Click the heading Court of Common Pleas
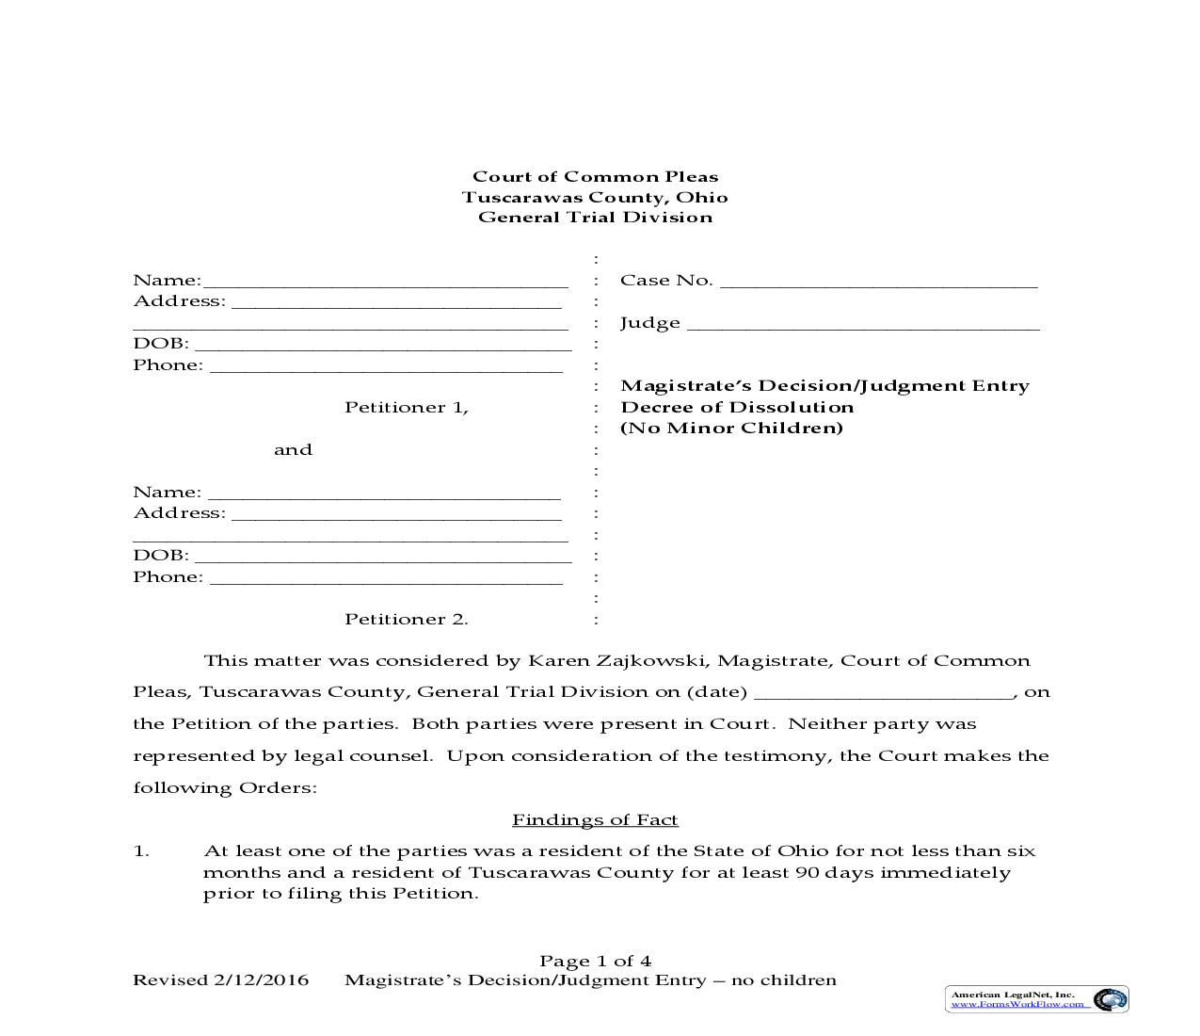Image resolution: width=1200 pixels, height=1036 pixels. [x=595, y=177]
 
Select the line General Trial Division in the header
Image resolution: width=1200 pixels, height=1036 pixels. [x=595, y=218]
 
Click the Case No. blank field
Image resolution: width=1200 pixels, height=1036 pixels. [x=878, y=281]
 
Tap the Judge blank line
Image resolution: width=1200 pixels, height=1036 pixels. [x=863, y=323]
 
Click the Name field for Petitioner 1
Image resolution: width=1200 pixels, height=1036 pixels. [x=385, y=281]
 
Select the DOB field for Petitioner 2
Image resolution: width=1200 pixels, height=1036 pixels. [x=382, y=556]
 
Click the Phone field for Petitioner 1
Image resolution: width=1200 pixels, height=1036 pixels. [x=386, y=365]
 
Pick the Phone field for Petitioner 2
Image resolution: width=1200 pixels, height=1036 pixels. [x=386, y=577]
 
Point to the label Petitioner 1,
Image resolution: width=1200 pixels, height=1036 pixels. [x=406, y=408]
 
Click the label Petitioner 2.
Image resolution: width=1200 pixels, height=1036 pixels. [x=406, y=620]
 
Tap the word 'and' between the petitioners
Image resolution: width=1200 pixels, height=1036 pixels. [x=293, y=450]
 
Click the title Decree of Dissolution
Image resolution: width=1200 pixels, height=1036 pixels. [x=737, y=408]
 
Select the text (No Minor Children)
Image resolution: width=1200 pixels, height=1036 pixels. [x=731, y=429]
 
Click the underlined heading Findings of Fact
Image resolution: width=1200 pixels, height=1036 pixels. [x=595, y=820]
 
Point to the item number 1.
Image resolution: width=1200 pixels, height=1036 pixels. [x=141, y=851]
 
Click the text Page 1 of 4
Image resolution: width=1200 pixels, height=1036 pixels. [x=595, y=962]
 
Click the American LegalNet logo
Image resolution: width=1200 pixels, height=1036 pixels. [x=1036, y=999]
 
